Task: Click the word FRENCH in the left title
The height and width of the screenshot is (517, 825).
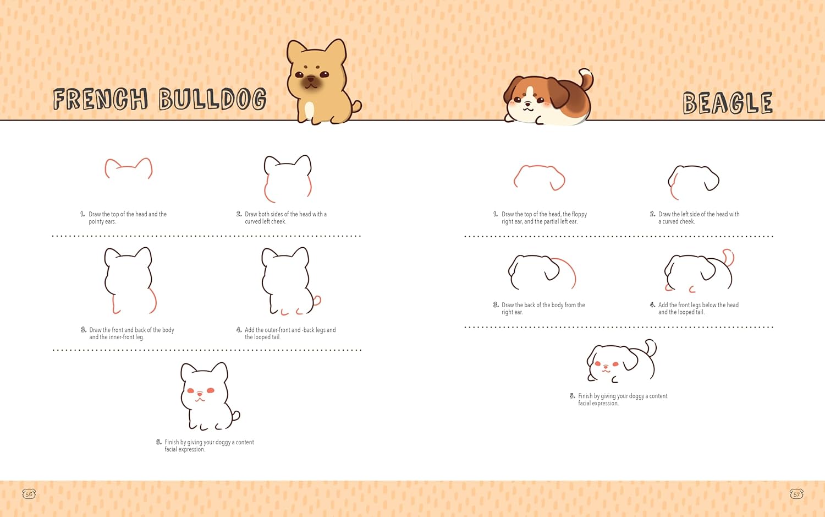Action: click(x=101, y=99)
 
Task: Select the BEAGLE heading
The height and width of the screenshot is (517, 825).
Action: click(x=728, y=103)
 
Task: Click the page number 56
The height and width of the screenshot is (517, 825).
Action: click(x=29, y=494)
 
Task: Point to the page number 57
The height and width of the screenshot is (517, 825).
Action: click(x=796, y=494)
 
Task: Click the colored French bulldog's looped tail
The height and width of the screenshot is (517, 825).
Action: click(x=356, y=106)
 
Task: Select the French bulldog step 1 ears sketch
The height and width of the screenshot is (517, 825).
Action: click(x=129, y=168)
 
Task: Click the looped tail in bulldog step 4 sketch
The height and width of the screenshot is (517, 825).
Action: click(x=317, y=301)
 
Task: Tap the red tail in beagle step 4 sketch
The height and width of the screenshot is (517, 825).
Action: click(x=729, y=257)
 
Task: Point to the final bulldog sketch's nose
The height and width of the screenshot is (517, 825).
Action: click(x=200, y=394)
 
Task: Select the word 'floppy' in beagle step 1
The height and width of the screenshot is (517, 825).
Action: click(x=579, y=214)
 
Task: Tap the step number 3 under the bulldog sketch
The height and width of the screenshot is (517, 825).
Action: click(x=83, y=330)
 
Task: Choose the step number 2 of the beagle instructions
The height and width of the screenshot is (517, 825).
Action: click(x=652, y=214)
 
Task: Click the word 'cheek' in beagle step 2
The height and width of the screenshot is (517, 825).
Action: click(x=687, y=221)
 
